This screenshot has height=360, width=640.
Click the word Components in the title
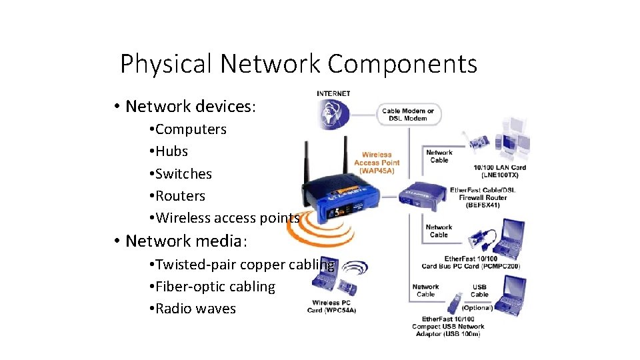coord(402,64)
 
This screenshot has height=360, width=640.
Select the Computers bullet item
coord(190,129)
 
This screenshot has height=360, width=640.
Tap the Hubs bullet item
coord(171,151)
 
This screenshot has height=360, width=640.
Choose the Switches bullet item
coord(183,174)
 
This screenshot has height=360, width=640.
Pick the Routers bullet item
coord(179,196)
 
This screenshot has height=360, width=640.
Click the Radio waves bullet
coord(195,309)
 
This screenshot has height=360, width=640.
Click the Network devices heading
coord(190,107)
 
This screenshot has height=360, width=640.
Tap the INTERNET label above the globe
coord(333,93)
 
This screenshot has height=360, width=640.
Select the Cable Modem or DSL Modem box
coord(408,115)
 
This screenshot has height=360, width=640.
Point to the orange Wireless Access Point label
coord(377,163)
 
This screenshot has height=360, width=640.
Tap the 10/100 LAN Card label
coord(499,171)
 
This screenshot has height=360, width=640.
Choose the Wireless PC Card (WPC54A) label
coord(331,307)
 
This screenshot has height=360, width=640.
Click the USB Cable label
coord(479,291)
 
